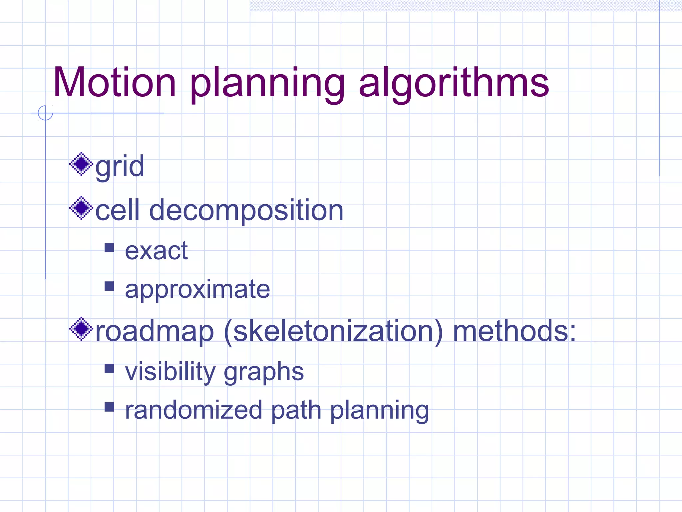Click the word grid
click(120, 167)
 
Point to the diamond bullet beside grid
click(81, 164)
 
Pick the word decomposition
click(246, 211)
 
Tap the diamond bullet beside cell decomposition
click(81, 208)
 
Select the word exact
click(156, 251)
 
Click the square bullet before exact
click(109, 248)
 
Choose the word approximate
click(197, 290)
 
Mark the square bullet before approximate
click(109, 286)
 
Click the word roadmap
click(155, 332)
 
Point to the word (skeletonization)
click(333, 332)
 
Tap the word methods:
click(514, 331)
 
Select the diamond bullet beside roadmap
click(81, 329)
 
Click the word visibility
click(170, 371)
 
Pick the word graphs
click(264, 372)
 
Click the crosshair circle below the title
click(45, 113)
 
